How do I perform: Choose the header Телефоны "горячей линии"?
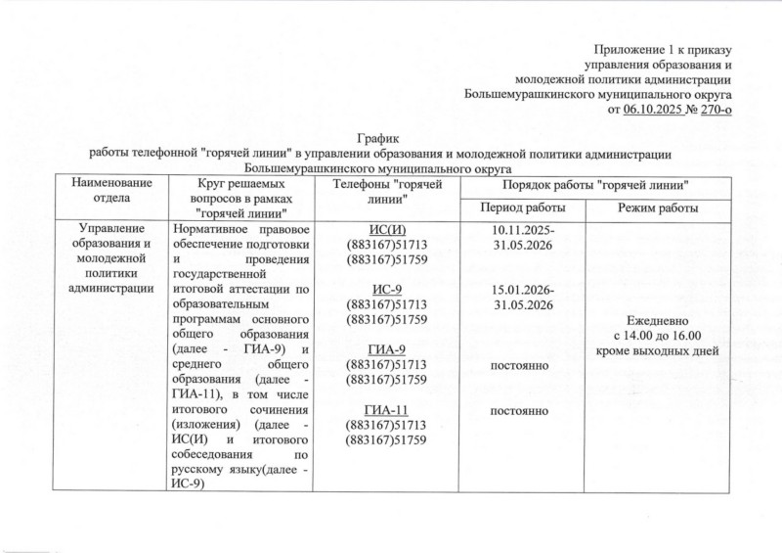coord(387,192)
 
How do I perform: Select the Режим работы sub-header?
coord(657,208)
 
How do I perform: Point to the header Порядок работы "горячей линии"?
coord(589,184)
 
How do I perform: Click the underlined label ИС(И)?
coord(387,229)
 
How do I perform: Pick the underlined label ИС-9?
coord(387,289)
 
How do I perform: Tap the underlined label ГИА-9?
coord(387,349)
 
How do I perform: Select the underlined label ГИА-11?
coord(387,409)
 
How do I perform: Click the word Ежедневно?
coord(657,320)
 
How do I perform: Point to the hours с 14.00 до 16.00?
coord(657,335)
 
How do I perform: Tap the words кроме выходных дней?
coord(657,350)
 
